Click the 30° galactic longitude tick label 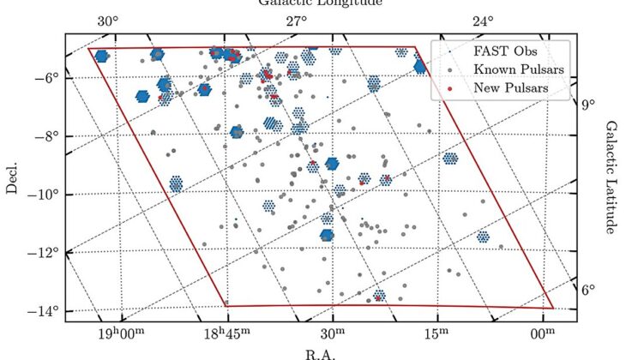[x=106, y=21]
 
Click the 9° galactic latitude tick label [x=587, y=105]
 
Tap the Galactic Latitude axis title [x=611, y=177]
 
